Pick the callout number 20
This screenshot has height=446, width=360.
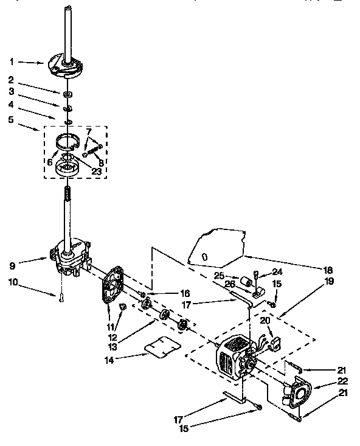click(265, 320)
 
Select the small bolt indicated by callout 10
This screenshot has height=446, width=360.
click(61, 298)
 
